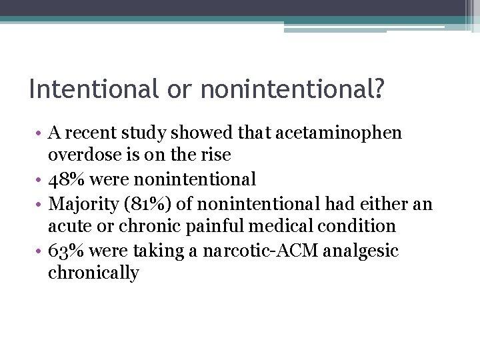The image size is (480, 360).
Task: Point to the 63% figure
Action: pos(65,250)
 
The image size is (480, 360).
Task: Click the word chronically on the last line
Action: pos(93,273)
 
